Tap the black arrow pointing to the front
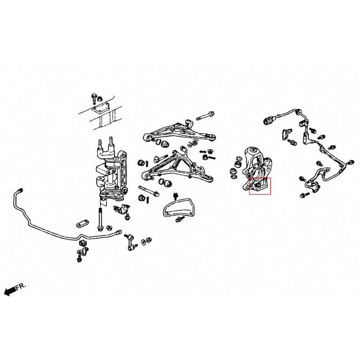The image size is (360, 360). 9,293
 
